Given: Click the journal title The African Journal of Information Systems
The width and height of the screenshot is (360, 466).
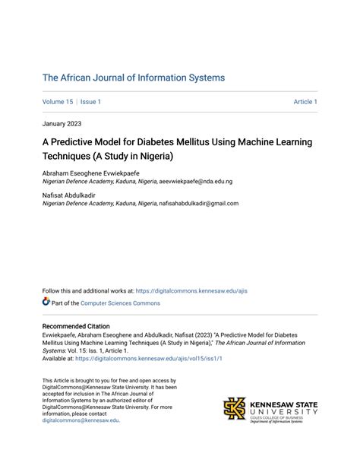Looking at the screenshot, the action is pos(134,78).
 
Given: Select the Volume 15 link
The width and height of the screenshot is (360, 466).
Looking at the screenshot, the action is pos(57,102).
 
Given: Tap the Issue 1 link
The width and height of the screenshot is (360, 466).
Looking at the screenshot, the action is pos(91,102).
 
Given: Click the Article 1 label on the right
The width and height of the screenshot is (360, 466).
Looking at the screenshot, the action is pos(305,102).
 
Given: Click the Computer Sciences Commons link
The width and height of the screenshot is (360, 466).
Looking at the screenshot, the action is pos(121,303).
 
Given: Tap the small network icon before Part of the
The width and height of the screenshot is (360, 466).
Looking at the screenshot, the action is pos(46,303).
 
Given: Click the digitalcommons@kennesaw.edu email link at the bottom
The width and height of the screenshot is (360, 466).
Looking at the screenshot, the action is pos(81,420).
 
